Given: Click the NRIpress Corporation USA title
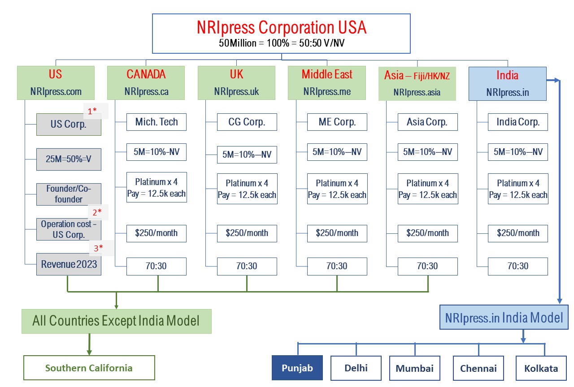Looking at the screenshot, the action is [x=281, y=27].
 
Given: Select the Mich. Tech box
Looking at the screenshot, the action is [x=157, y=122].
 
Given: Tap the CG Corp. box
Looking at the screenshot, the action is [x=247, y=122].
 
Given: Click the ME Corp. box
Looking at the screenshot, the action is [x=337, y=122].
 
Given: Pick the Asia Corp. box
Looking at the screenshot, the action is [x=427, y=122].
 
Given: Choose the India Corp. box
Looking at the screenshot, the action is [x=517, y=122].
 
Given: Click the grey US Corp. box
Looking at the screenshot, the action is [x=69, y=125].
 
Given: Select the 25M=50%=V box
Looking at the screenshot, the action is [x=69, y=159].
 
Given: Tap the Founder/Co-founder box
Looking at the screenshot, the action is [x=69, y=194].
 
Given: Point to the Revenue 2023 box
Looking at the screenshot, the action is [x=69, y=264].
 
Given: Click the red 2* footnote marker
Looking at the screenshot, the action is [x=97, y=212].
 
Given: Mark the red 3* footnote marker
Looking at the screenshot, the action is [x=98, y=248].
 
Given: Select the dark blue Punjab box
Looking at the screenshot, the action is [x=297, y=368].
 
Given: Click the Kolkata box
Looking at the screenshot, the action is [x=541, y=368].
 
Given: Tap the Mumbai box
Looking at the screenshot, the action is [x=415, y=368].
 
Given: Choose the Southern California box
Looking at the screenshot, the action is [x=89, y=368].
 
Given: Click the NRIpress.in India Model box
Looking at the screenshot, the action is [x=504, y=317].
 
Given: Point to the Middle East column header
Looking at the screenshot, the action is [x=327, y=83].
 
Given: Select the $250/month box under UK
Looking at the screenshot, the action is [x=247, y=233].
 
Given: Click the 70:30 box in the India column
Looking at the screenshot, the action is [x=517, y=267].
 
